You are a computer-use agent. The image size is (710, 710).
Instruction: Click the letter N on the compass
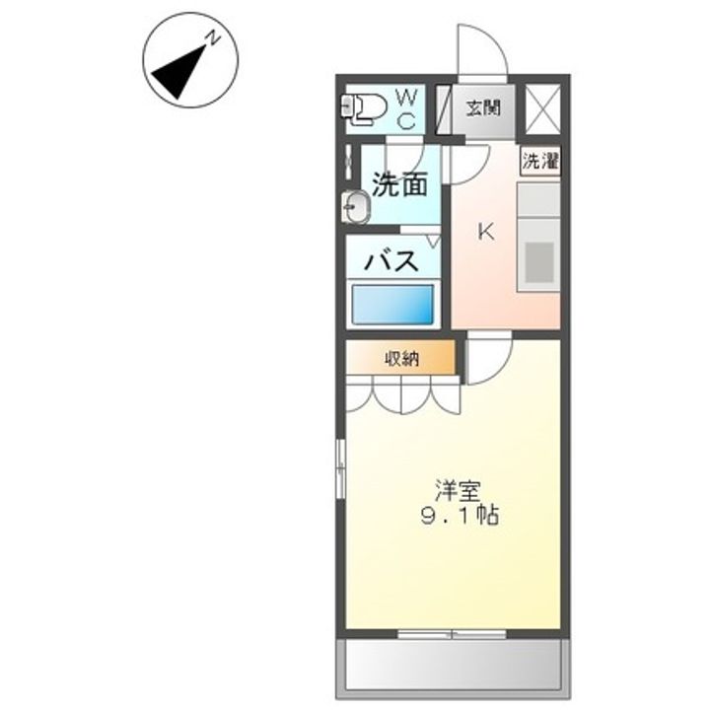[x=211, y=38]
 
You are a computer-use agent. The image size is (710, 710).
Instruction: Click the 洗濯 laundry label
[x=540, y=162]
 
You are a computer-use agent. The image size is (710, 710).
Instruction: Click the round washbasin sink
[x=356, y=207]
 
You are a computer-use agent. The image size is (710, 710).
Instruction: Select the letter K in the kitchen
[x=485, y=232]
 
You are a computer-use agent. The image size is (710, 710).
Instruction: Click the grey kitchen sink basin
[x=538, y=262]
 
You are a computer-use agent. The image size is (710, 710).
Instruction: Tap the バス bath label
[x=392, y=261]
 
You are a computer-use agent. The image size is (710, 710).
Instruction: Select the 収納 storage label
[x=401, y=359]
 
